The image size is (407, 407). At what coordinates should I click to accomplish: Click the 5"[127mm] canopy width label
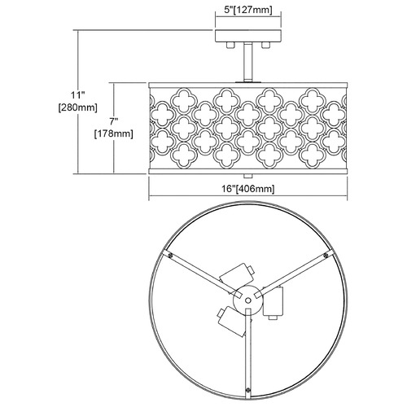247,11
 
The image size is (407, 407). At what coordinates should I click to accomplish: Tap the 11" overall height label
78,95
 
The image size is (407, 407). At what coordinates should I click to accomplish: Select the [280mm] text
77,107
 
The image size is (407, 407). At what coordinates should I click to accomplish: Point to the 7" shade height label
114,121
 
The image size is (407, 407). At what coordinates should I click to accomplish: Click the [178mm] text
114,133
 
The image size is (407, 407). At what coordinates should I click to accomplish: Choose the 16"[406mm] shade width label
248,188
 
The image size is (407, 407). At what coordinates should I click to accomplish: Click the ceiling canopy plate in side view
248,36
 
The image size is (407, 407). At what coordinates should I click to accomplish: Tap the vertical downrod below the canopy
247,62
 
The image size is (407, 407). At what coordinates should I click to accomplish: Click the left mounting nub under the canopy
230,46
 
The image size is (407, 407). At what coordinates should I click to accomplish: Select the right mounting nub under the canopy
265,46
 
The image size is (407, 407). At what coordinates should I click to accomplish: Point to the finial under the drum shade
247,176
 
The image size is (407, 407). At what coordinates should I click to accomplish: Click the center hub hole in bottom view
247,300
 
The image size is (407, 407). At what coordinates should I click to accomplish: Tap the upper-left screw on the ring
171,256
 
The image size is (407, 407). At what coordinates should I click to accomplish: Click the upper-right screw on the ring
326,254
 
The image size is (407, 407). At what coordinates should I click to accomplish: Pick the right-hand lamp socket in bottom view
274,304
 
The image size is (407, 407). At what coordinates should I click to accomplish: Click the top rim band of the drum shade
248,85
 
